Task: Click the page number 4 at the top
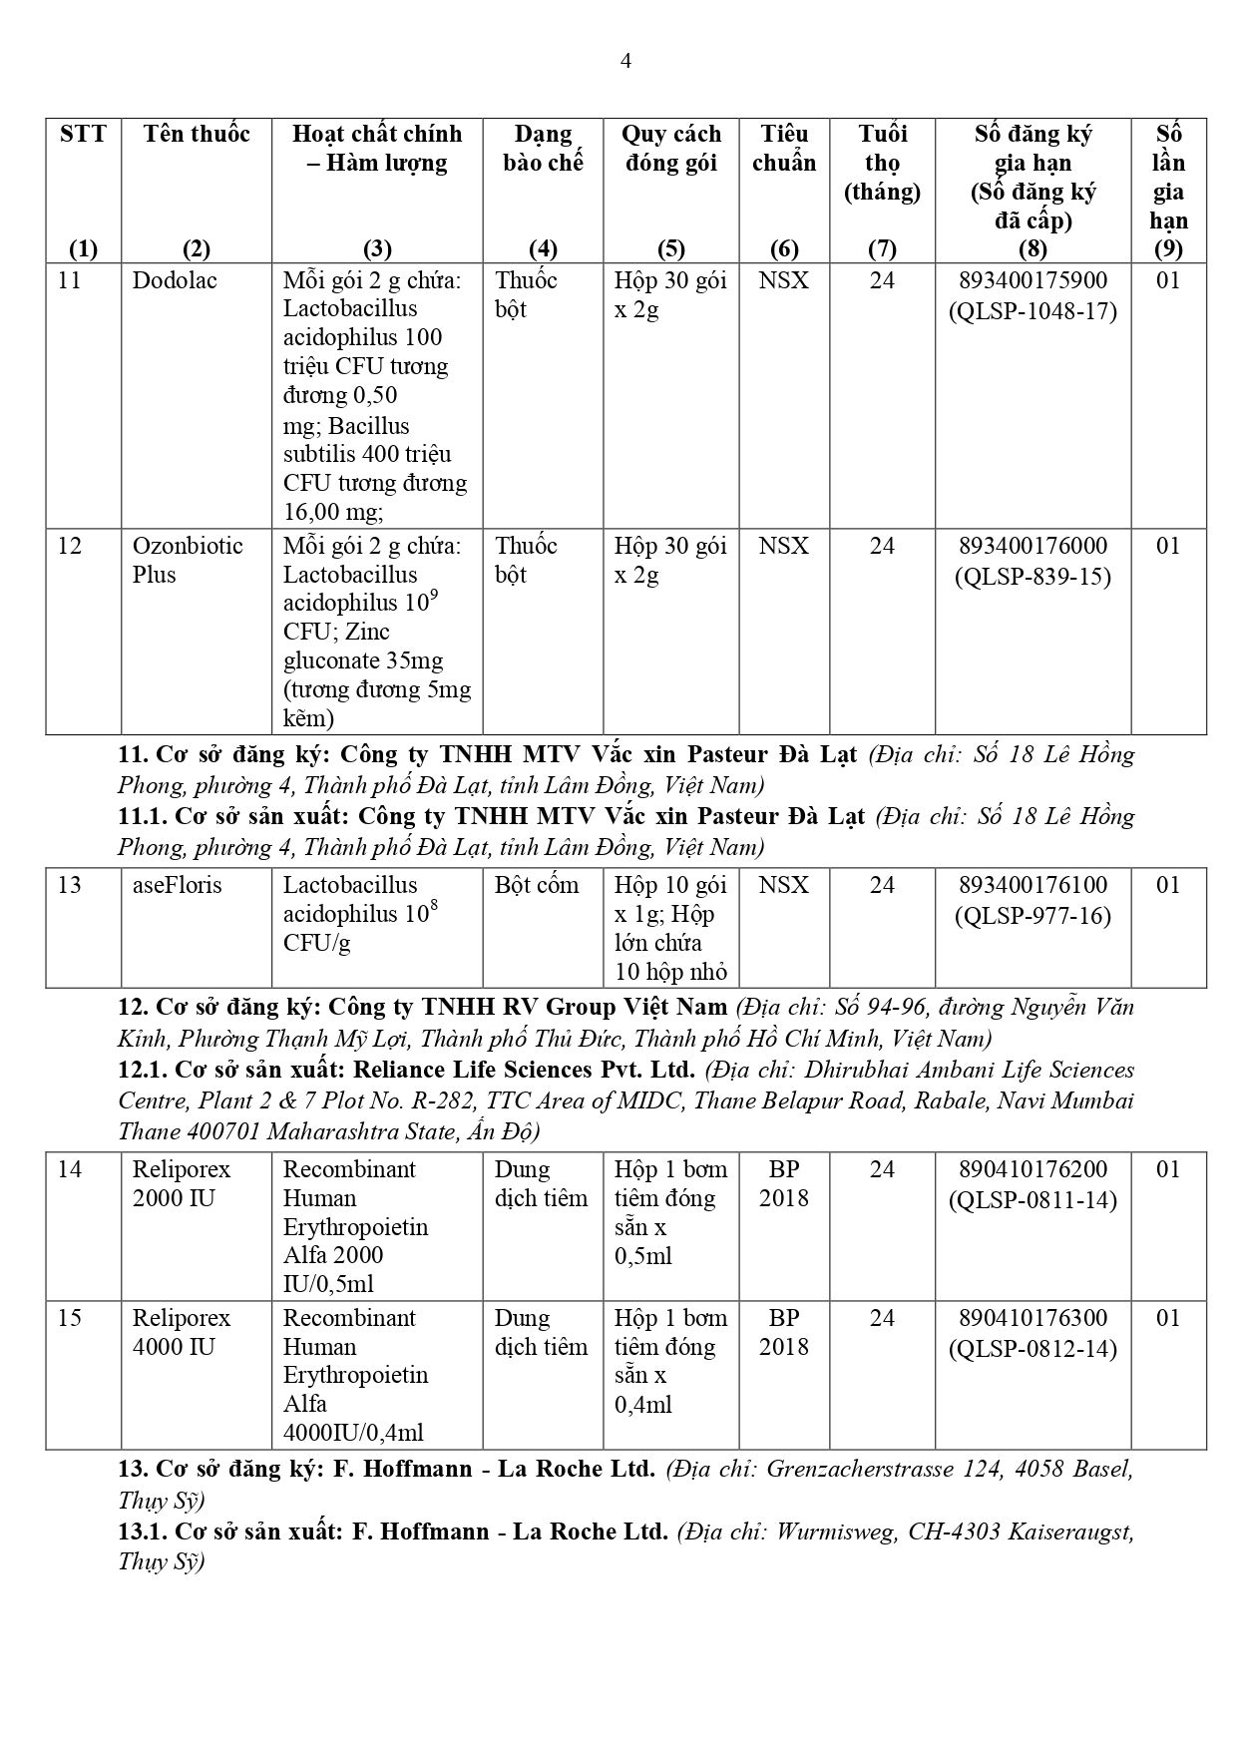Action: pos(625,62)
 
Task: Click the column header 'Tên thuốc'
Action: pos(197,134)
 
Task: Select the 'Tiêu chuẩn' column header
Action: pos(784,148)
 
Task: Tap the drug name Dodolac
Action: pos(175,280)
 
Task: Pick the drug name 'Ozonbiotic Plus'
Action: pos(188,560)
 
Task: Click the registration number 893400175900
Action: pos(1032,280)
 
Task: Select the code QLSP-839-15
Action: pos(1032,576)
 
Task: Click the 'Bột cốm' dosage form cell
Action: pos(537,885)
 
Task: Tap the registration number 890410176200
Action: pos(1032,1169)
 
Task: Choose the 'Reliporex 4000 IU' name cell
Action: pos(182,1332)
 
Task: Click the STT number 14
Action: pos(70,1169)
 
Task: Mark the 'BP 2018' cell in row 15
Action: pos(784,1332)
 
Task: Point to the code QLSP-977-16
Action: pos(1032,915)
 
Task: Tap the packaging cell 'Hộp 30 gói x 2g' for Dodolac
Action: pos(670,294)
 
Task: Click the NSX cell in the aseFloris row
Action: pos(784,885)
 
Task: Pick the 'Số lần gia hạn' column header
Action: pos(1168,190)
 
